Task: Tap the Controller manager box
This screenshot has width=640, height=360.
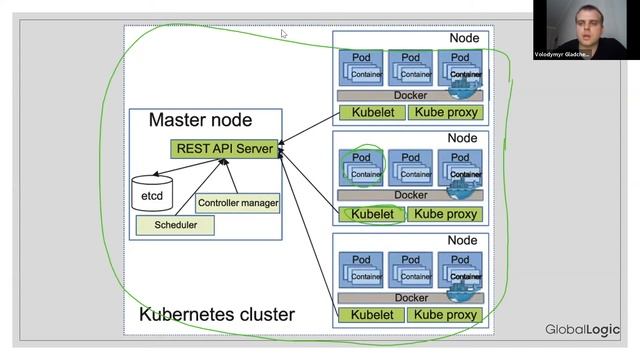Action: click(x=238, y=203)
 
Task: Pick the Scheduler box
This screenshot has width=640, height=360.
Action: click(x=175, y=225)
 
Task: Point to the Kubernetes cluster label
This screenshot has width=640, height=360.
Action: click(x=217, y=315)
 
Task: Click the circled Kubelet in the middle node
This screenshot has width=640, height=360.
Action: click(x=372, y=214)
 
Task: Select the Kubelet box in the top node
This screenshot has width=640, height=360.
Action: click(x=372, y=112)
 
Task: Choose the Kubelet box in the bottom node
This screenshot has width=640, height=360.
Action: click(x=372, y=315)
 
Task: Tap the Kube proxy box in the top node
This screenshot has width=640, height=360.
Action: click(x=446, y=112)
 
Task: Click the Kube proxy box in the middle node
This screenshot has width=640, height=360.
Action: click(x=446, y=214)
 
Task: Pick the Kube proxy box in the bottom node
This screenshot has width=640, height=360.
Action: click(x=446, y=315)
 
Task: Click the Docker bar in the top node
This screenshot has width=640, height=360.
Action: click(x=410, y=95)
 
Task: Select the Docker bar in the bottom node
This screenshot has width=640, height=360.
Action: click(x=410, y=298)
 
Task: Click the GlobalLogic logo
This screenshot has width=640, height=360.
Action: click(x=582, y=330)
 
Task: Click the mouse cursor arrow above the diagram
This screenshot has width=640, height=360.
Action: click(x=284, y=34)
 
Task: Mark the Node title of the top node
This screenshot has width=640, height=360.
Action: click(x=463, y=38)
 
